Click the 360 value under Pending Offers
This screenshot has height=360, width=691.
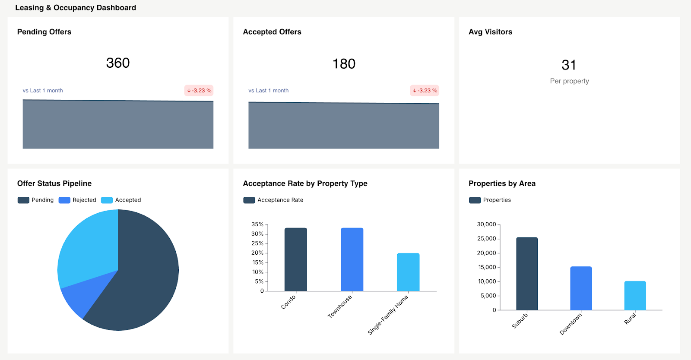[118, 63]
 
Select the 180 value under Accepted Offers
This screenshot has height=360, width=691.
[344, 64]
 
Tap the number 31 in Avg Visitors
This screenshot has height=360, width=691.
[569, 65]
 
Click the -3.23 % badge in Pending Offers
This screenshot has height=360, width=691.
[199, 91]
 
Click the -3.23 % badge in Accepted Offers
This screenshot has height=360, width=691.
[425, 91]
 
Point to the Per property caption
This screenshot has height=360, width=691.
[569, 81]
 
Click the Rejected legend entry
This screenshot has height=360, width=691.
[78, 200]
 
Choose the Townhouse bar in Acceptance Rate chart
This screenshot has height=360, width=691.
[352, 259]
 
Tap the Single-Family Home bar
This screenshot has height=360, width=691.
[408, 272]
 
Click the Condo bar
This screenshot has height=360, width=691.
[296, 259]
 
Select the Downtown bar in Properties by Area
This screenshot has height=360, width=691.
[581, 288]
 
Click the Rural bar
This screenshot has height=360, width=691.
[635, 296]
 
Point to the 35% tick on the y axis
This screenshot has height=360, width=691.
[257, 224]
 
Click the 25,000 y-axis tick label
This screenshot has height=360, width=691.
[486, 239]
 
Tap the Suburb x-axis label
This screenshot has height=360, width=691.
[520, 321]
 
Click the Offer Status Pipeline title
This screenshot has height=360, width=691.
[54, 183]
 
